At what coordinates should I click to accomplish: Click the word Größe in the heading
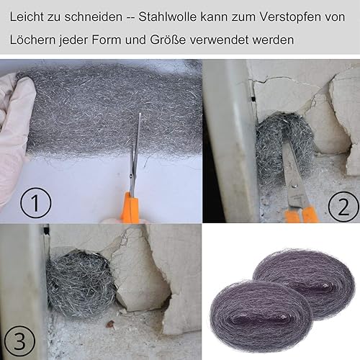tap(168, 40)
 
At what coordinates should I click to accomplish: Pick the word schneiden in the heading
tap(94, 17)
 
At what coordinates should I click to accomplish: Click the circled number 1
tap(36, 203)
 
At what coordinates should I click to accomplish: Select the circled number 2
tap(343, 207)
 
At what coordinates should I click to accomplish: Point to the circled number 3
tap(20, 341)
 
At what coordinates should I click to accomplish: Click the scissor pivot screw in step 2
tap(293, 186)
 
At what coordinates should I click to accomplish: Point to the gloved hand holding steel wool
tap(14, 135)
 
